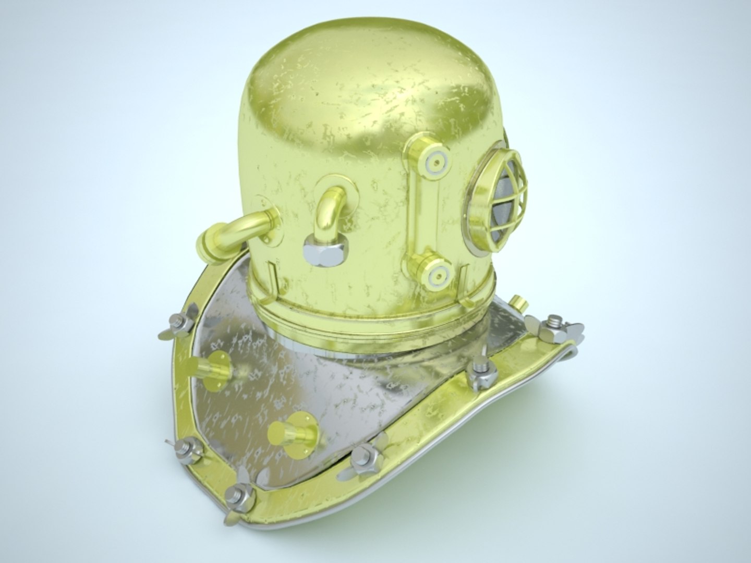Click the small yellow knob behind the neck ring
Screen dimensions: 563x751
518,302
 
